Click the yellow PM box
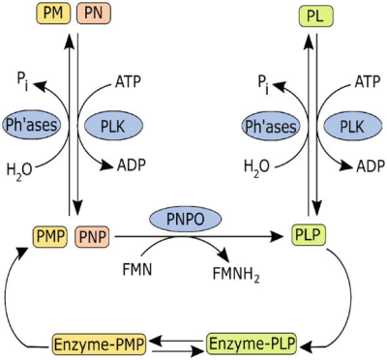click(x=51, y=14)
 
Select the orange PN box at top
click(x=89, y=14)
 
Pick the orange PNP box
click(x=89, y=234)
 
